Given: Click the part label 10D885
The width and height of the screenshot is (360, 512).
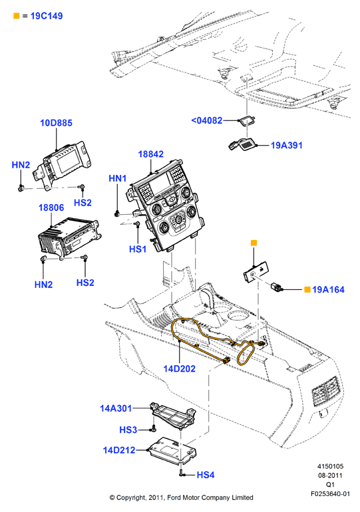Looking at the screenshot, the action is pyautogui.click(x=56, y=123).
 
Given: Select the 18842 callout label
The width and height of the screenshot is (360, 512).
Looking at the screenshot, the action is pyautogui.click(x=150, y=154).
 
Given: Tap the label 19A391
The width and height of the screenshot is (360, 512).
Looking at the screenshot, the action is pyautogui.click(x=287, y=146).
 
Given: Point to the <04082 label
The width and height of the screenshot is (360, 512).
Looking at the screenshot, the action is pyautogui.click(x=207, y=120).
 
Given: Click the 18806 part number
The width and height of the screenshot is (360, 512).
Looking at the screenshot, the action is pyautogui.click(x=51, y=207).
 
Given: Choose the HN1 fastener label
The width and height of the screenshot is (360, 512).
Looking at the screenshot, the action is pyautogui.click(x=117, y=178).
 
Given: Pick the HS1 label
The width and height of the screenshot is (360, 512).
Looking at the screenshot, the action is pyautogui.click(x=138, y=249).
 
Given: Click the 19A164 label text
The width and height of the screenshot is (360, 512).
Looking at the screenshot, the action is pyautogui.click(x=328, y=290).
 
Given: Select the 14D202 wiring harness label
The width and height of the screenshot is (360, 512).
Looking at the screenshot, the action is pyautogui.click(x=180, y=368).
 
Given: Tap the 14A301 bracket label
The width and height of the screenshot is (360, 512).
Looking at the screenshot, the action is pyautogui.click(x=116, y=408).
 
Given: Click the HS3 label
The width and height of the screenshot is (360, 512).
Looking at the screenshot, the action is pyautogui.click(x=128, y=430).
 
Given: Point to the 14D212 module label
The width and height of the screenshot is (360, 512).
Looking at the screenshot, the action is pyautogui.click(x=119, y=450).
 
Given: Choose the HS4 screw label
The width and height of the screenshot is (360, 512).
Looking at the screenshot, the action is pyautogui.click(x=206, y=475).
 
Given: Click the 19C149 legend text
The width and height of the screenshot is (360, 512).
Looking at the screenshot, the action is pyautogui.click(x=47, y=16).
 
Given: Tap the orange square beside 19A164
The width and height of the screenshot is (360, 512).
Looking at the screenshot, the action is pyautogui.click(x=307, y=290).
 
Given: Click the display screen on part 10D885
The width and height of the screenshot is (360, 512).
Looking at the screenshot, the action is pyautogui.click(x=67, y=162).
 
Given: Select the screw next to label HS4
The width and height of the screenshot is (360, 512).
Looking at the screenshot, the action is pyautogui.click(x=182, y=474).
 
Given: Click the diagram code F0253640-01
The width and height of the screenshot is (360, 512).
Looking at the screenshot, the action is pyautogui.click(x=330, y=493).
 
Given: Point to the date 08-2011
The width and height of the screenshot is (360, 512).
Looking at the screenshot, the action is pyautogui.click(x=330, y=475).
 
